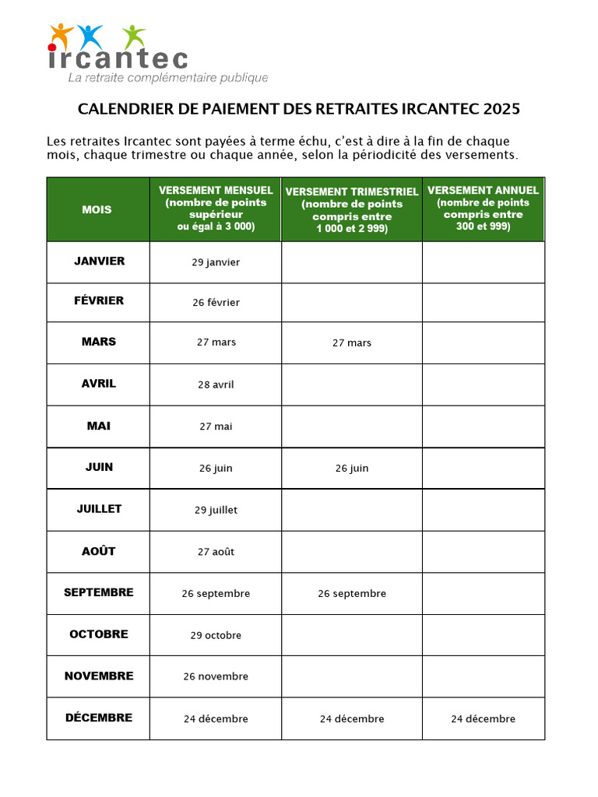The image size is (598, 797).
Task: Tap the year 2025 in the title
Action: (501, 109)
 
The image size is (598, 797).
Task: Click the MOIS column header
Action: (97, 209)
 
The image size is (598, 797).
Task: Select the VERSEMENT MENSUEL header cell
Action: (216, 209)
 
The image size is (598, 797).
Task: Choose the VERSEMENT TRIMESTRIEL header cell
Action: (352, 210)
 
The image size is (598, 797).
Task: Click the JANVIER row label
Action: (99, 262)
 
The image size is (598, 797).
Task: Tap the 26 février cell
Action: (216, 303)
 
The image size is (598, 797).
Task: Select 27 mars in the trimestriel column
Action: (352, 343)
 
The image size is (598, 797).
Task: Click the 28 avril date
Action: (216, 384)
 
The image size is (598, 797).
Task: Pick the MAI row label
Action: (99, 426)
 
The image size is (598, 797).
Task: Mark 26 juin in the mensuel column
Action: (216, 469)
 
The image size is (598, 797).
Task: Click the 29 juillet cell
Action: (216, 511)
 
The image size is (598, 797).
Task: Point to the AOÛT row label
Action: (99, 551)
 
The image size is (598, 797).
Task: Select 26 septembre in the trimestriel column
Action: (352, 594)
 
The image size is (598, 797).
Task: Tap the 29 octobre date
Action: (216, 636)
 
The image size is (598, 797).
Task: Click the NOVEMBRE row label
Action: (99, 676)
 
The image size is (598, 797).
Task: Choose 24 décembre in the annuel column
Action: (483, 719)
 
